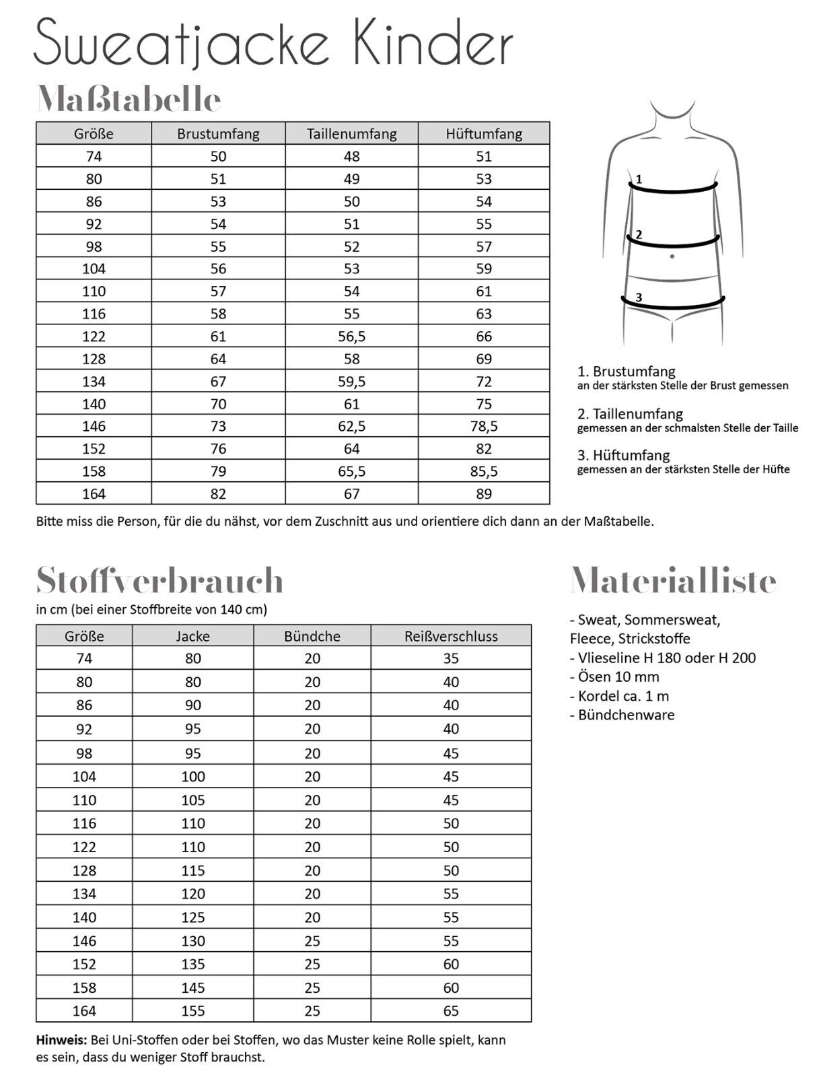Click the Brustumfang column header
tap(218, 133)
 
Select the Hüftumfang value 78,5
tap(484, 426)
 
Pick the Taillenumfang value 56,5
tap(351, 336)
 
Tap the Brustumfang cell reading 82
tap(218, 493)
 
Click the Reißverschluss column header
tap(451, 636)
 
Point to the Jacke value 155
tap(193, 1010)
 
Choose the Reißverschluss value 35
tap(451, 658)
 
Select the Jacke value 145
tap(193, 987)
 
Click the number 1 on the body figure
tap(639, 180)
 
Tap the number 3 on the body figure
tap(639, 297)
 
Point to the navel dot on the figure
tap(672, 256)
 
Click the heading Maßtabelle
tap(129, 100)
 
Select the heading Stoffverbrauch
tap(159, 580)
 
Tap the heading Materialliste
tap(673, 580)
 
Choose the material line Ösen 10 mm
tap(614, 676)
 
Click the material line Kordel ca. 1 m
tap(619, 696)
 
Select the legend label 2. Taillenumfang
tap(630, 413)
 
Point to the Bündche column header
tap(312, 636)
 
